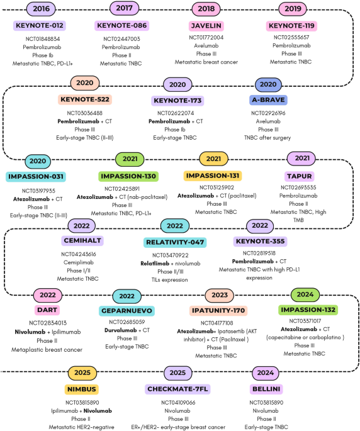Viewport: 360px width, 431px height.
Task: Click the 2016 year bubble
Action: click(41, 9)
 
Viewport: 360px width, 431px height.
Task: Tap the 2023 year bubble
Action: click(220, 295)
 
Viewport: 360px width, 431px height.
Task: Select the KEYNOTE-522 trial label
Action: click(85, 99)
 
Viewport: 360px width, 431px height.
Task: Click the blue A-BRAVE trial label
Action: click(268, 100)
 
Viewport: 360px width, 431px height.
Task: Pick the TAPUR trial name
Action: click(299, 176)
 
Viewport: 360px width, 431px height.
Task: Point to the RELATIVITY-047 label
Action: click(175, 242)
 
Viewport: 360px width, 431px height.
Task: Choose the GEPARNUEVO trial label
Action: click(127, 311)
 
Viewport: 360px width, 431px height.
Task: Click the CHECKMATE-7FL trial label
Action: click(177, 389)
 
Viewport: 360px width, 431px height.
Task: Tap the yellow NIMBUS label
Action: click(82, 389)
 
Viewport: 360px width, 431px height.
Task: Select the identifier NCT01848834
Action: click(43, 39)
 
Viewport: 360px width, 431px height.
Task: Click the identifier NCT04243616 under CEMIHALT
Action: click(79, 254)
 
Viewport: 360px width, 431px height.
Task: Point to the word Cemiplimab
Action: click(79, 262)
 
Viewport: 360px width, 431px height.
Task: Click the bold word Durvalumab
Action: click(120, 330)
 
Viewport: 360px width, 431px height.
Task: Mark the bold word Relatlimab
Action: click(155, 264)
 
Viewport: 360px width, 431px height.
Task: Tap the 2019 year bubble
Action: click(293, 9)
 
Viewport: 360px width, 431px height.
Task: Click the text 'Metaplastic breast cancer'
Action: click(47, 350)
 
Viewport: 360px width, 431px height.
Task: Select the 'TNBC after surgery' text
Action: click(267, 138)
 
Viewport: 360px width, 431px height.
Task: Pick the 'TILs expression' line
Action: click(170, 280)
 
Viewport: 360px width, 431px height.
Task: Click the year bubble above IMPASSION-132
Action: click(305, 294)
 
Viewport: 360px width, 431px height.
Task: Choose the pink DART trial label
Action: click(47, 310)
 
